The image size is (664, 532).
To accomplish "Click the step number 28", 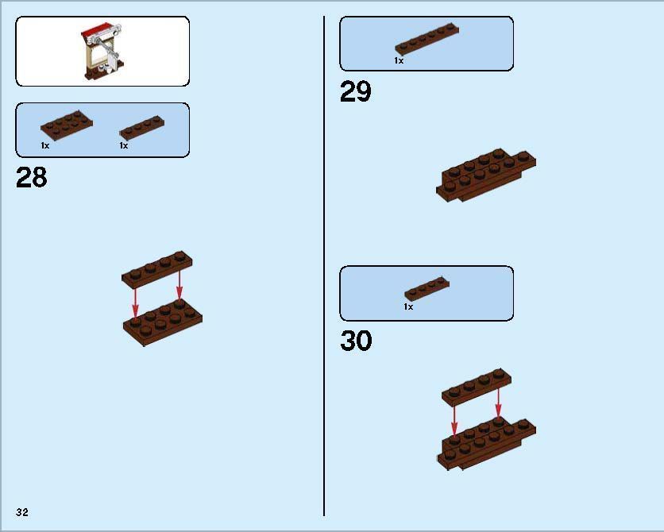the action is [x=32, y=177].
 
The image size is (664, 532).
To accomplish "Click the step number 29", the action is [x=356, y=91].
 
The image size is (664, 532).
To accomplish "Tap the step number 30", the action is [x=356, y=341].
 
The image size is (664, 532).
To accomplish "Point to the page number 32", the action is [x=22, y=512].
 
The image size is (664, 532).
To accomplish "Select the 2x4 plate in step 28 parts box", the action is [x=67, y=123].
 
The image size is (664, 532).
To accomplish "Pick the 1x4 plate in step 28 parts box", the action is [x=142, y=127].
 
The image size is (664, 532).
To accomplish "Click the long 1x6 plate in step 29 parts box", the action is [x=427, y=40].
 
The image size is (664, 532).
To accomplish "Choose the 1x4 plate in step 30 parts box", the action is [x=427, y=289].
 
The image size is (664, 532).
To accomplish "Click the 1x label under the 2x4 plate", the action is [x=45, y=145].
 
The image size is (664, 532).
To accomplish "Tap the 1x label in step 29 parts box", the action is [x=399, y=60].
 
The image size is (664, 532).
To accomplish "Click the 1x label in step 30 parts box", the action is [x=408, y=306].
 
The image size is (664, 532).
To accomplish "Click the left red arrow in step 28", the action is [x=135, y=303].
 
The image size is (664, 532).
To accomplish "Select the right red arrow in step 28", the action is [x=180, y=284].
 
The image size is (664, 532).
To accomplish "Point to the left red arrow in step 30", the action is [x=454, y=420].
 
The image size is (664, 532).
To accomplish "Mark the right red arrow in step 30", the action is [x=498, y=403].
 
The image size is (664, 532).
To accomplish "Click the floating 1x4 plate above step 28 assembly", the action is [x=156, y=270].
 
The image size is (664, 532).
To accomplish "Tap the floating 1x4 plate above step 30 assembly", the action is [x=477, y=387].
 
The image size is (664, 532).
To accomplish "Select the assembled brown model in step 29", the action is [x=486, y=175].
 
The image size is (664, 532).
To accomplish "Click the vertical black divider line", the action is [x=324, y=266].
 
